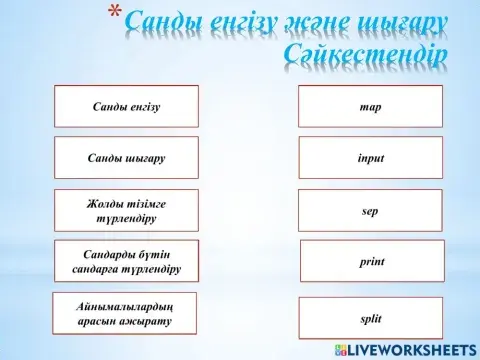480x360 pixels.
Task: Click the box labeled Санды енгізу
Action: [x=126, y=106]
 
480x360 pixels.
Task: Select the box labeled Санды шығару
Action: [x=126, y=158]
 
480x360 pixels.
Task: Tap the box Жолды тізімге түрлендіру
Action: [x=126, y=210]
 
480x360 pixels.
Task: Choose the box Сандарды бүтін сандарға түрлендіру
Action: [x=126, y=261]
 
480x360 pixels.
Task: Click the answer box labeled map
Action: [x=370, y=106]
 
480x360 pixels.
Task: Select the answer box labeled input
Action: [x=370, y=158]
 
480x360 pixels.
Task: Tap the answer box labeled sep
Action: [x=370, y=211]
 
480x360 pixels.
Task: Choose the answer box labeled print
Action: [x=371, y=261]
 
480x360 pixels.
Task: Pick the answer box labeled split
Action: [x=371, y=318]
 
